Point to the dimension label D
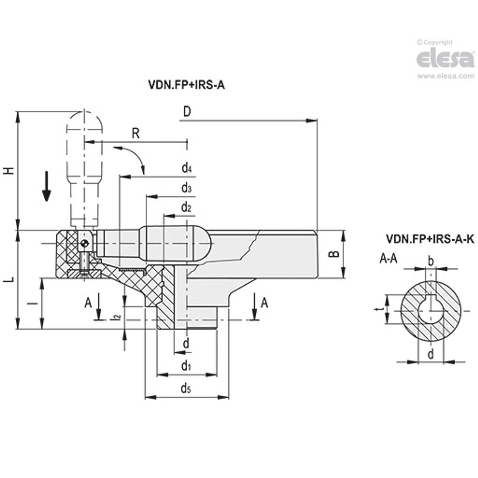187,112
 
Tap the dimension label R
136,133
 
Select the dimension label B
333,254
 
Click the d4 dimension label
186,169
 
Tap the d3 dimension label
186,188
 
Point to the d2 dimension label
186,207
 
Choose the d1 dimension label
186,367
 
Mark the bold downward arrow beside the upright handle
46,186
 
